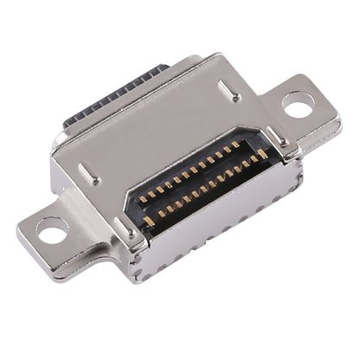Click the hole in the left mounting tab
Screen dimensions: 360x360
click(x=53, y=230)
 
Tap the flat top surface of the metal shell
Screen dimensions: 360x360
click(x=164, y=130)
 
